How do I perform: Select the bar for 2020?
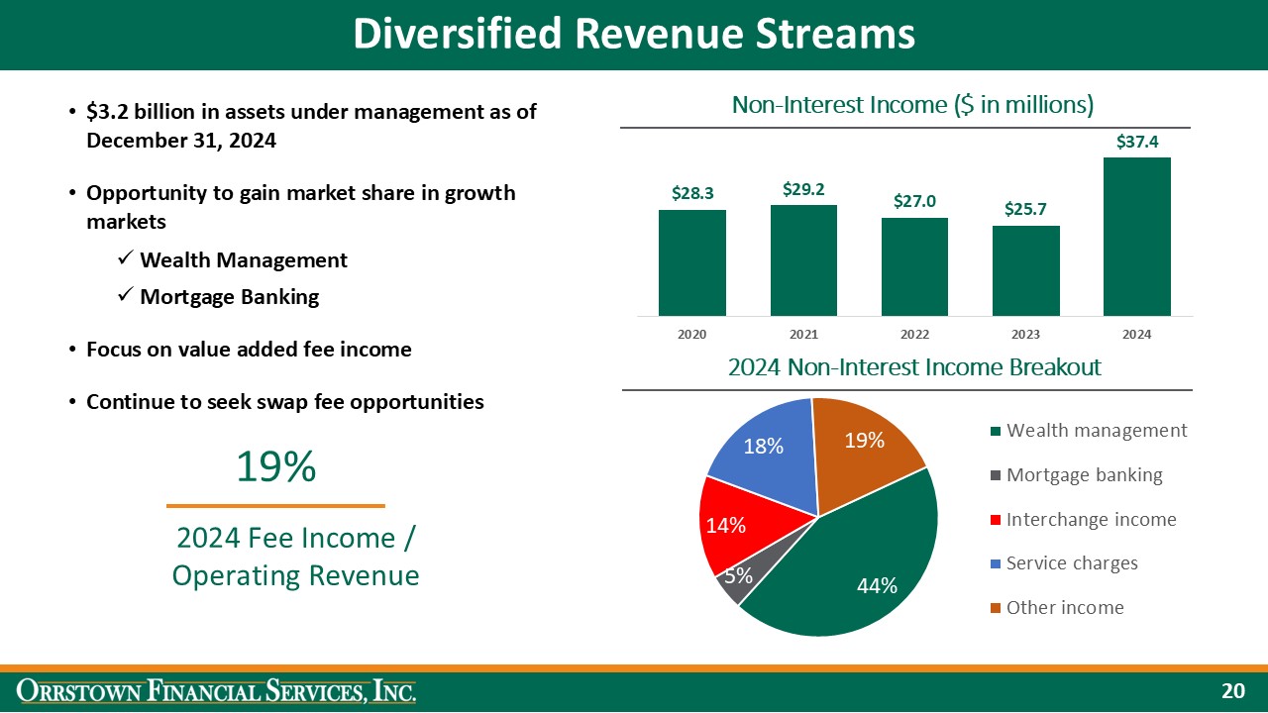click(x=691, y=262)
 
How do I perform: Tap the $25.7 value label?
click(x=1025, y=210)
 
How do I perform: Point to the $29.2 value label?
click(x=803, y=189)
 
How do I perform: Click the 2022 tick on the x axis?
click(x=914, y=335)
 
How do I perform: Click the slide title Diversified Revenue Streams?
click(x=634, y=35)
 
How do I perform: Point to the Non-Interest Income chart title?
click(x=912, y=105)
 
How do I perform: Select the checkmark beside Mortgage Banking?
click(x=125, y=296)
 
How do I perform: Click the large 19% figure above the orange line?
click(x=275, y=467)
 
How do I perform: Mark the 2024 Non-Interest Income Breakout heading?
click(x=914, y=367)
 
